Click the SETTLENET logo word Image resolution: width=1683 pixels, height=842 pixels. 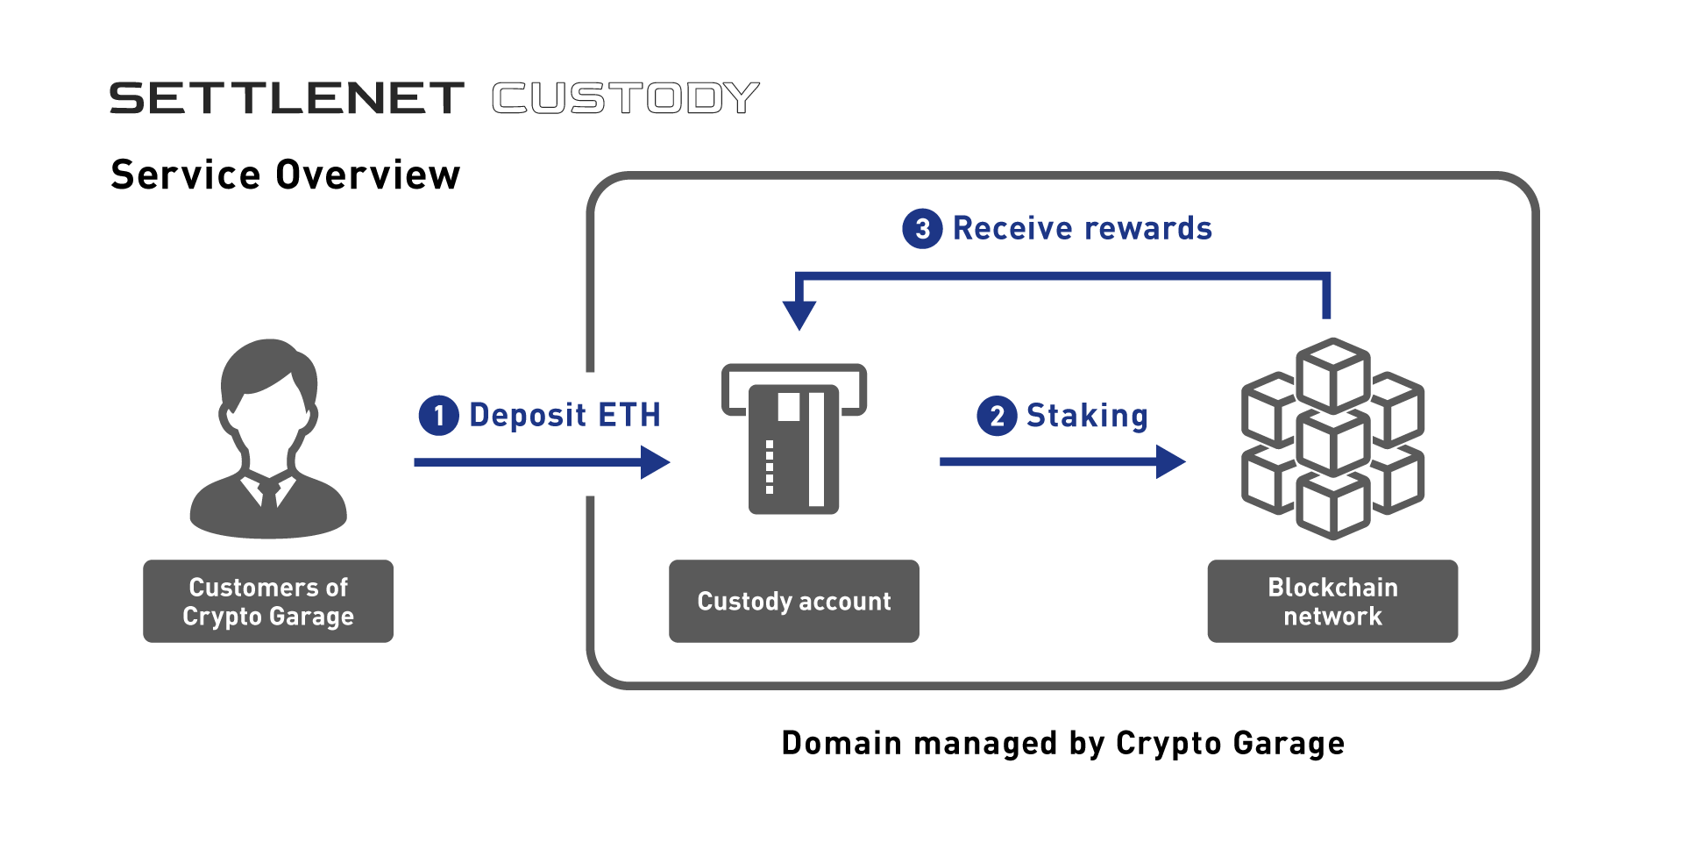(287, 98)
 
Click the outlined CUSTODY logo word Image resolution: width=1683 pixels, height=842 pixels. (626, 98)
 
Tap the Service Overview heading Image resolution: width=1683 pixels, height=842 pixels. (286, 175)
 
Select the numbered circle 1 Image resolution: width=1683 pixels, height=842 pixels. (439, 416)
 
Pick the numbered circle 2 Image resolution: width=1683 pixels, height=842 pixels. (997, 416)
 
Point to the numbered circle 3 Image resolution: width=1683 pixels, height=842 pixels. (922, 229)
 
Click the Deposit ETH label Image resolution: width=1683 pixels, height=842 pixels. (565, 415)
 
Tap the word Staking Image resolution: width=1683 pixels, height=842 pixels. (1087, 416)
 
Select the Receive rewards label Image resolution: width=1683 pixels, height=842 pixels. (1083, 228)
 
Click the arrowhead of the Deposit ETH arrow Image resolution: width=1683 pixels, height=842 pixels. (655, 462)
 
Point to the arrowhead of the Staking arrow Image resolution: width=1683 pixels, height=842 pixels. (1171, 461)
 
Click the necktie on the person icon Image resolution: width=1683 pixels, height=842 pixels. (269, 494)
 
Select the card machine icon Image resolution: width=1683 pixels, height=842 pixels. (794, 439)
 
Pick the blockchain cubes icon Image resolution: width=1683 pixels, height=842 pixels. (1332, 439)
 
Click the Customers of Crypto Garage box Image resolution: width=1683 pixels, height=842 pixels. (268, 602)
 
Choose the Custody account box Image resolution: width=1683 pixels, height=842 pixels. (794, 602)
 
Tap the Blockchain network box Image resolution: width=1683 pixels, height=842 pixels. (1332, 602)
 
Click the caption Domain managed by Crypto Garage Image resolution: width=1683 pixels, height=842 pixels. (1063, 743)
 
